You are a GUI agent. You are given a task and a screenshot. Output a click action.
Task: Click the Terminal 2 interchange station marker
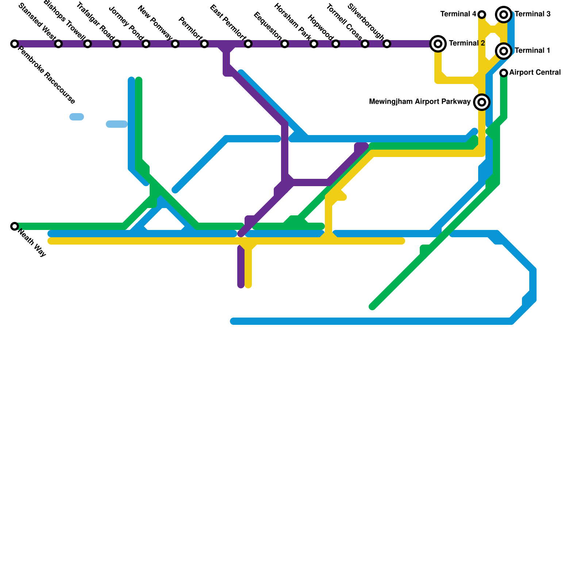438,44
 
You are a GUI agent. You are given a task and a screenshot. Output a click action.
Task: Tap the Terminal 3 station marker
504,15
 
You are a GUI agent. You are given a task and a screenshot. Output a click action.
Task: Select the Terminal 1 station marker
504,51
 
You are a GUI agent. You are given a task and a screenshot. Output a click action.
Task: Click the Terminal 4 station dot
482,15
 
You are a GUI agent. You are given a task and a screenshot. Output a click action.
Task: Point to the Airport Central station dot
504,73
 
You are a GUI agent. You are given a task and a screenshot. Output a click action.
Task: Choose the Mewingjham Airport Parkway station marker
482,102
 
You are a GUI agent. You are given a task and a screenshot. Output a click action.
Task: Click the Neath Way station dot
15,226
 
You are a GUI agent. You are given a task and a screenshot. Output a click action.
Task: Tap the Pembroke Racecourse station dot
15,44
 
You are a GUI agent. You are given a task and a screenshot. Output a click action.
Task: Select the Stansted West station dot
58,44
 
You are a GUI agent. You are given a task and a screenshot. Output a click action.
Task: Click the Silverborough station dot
387,44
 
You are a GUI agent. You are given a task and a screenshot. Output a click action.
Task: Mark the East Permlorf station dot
248,44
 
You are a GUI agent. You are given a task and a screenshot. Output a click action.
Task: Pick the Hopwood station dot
336,44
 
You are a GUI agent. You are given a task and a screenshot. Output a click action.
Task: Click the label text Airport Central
535,73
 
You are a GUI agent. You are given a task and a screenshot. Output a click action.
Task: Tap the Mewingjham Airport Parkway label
420,102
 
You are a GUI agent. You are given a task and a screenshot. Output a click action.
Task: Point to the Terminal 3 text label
533,14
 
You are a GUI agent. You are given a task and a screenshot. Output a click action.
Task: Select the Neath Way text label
32,243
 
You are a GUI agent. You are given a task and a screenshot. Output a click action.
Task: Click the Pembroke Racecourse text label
47,75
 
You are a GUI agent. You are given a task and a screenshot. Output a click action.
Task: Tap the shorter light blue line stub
77,117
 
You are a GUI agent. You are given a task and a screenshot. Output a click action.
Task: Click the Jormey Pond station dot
146,44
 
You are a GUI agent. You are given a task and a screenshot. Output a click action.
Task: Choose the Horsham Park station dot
314,44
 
